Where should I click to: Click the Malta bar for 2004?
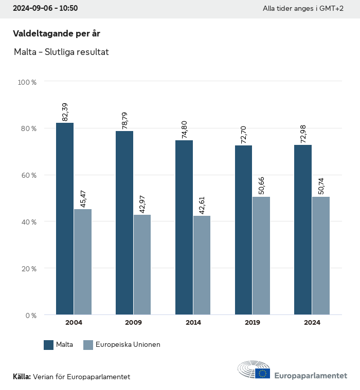pyautogui.click(x=65, y=218)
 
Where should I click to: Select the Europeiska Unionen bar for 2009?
pyautogui.click(x=142, y=265)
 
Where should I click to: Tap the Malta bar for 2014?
pyautogui.click(x=184, y=227)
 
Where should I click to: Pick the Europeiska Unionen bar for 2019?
pyautogui.click(x=261, y=255)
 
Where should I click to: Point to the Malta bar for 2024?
pyautogui.click(x=303, y=230)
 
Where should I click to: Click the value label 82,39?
pyautogui.click(x=65, y=112)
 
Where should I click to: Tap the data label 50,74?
pyautogui.click(x=321, y=185)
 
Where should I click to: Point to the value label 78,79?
pyautogui.click(x=124, y=120)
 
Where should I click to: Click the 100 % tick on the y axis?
pyautogui.click(x=27, y=82)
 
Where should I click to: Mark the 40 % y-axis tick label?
pyautogui.click(x=29, y=222)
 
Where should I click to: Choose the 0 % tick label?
pyautogui.click(x=31, y=315)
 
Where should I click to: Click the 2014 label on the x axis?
pyautogui.click(x=193, y=323)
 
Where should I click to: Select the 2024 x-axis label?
pyautogui.click(x=312, y=323)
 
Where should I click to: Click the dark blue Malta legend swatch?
pyautogui.click(x=49, y=345)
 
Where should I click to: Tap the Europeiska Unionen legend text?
pyautogui.click(x=128, y=345)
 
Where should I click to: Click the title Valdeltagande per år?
pyautogui.click(x=56, y=33)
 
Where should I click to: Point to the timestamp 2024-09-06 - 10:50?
pyautogui.click(x=45, y=8)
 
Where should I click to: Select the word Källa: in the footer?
pyautogui.click(x=22, y=377)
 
